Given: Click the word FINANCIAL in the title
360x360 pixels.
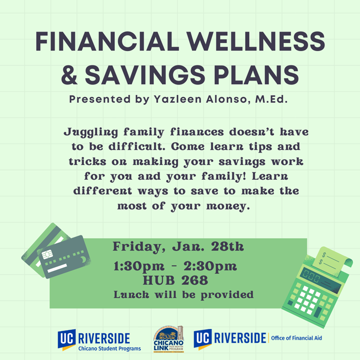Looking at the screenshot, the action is (107, 42).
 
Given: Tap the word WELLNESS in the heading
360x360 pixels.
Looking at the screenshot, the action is (256, 42).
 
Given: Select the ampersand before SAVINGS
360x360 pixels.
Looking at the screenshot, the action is (69, 75).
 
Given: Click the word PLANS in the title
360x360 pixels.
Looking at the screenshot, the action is (256, 75).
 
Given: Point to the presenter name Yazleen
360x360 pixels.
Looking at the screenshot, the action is (178, 99).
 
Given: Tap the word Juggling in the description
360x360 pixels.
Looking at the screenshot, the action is (91, 133).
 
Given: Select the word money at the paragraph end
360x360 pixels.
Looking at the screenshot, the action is (228, 206).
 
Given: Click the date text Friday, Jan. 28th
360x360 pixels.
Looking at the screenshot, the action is (178, 247).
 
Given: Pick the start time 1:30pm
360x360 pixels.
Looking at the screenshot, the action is (139, 266).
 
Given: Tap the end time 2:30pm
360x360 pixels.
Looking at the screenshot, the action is (210, 266).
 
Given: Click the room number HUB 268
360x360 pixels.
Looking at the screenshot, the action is (175, 281).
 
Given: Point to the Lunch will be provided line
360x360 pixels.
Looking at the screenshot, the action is (184, 295).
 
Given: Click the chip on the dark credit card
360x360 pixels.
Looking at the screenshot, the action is (47, 254).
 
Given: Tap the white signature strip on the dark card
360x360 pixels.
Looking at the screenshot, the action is (57, 268).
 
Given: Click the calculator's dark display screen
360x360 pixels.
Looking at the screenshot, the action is (321, 281).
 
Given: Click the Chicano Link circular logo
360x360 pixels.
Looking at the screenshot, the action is (169, 339).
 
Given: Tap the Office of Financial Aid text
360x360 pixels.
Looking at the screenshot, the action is (296, 338).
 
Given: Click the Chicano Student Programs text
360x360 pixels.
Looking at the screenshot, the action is (110, 348).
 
